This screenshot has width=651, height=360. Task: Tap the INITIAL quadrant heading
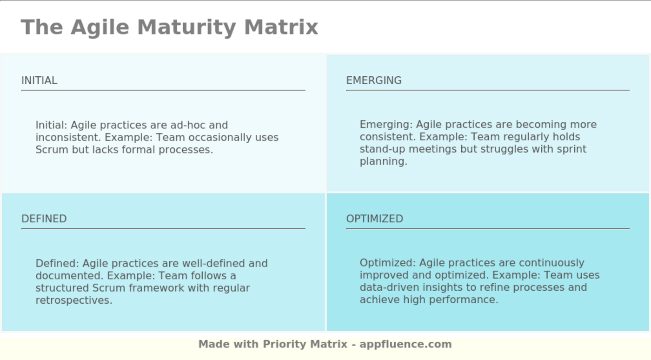[39, 80]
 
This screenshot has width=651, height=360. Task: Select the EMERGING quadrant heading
[374, 80]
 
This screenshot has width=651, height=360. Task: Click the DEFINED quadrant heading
[44, 219]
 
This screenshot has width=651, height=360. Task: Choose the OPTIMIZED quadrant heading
[374, 219]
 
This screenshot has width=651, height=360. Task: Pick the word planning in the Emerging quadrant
[383, 162]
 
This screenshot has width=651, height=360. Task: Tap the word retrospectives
[73, 300]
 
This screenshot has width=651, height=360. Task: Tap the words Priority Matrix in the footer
[305, 344]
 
